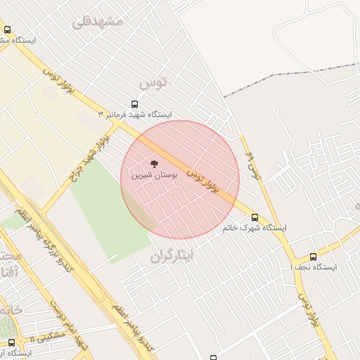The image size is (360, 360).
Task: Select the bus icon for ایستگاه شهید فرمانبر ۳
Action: click(135, 104)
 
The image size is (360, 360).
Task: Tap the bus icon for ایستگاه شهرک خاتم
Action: click(255, 217)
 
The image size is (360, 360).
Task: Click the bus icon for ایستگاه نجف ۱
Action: click(313, 257)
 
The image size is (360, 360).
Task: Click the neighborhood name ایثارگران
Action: click(176, 257)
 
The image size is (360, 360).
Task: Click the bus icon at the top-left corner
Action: click(8, 30)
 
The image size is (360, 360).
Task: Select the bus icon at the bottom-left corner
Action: click(12, 342)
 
